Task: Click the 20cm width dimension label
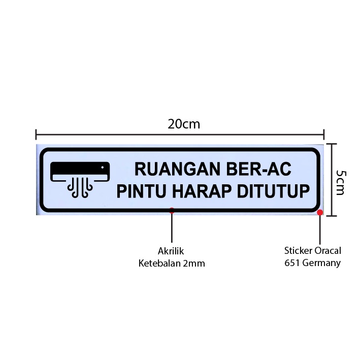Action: click(x=184, y=124)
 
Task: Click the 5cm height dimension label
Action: click(x=340, y=182)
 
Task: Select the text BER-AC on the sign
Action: click(x=259, y=169)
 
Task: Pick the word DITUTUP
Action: click(x=273, y=191)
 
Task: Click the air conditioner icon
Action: click(x=80, y=180)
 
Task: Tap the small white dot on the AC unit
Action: click(x=103, y=168)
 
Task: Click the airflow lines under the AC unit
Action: click(x=80, y=188)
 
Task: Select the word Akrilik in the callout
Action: click(x=171, y=251)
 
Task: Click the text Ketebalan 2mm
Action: click(x=172, y=263)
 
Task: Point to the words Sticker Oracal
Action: click(x=313, y=250)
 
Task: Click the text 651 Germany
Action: click(x=312, y=263)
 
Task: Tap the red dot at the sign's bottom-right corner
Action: click(x=320, y=212)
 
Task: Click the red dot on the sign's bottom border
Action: click(x=172, y=210)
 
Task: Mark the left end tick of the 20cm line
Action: click(x=36, y=135)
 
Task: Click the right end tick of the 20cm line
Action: click(x=324, y=135)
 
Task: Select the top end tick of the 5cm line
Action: click(x=331, y=144)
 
